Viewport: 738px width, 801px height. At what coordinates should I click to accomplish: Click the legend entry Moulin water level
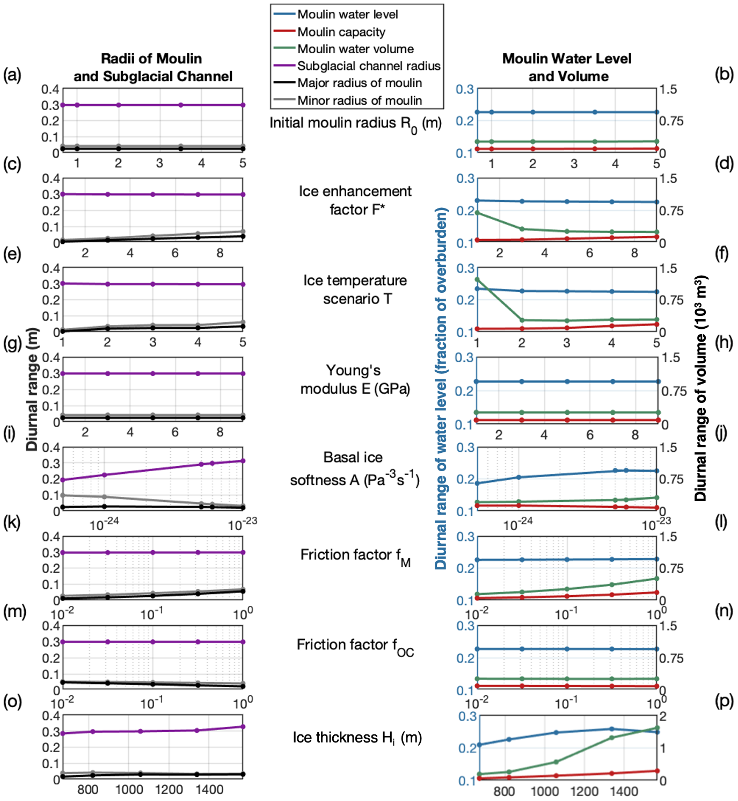[347, 15]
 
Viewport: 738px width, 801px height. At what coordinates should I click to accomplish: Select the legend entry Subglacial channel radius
[368, 66]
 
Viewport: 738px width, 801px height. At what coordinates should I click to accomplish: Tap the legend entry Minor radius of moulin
[359, 100]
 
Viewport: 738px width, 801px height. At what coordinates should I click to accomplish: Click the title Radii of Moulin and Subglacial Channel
[152, 67]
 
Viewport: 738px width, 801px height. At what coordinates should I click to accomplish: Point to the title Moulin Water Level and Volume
[567, 67]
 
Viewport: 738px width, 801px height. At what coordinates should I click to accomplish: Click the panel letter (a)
[12, 75]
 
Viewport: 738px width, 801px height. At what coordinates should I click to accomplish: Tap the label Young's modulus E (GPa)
[355, 379]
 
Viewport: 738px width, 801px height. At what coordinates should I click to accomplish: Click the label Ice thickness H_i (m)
[357, 738]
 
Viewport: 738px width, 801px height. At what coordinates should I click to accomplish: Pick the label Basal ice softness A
[354, 469]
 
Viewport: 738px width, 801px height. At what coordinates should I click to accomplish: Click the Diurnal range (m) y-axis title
[33, 389]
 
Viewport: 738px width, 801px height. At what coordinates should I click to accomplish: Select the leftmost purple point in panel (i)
[63, 480]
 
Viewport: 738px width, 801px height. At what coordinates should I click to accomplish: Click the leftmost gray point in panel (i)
[63, 495]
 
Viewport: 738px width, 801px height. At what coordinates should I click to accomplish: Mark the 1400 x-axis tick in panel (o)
[209, 790]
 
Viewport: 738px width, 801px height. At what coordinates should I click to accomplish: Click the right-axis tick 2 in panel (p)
[663, 716]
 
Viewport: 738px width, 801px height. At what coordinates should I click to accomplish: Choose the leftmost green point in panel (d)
[477, 213]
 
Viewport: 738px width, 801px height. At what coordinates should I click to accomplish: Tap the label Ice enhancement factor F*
[355, 200]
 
